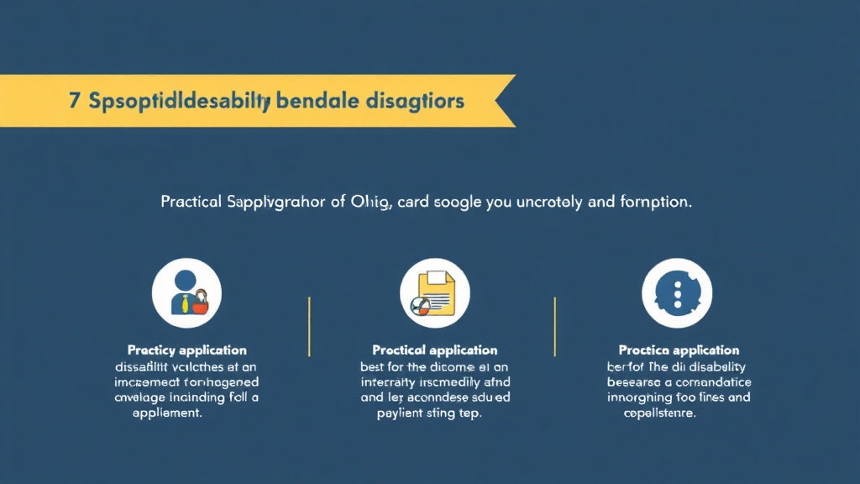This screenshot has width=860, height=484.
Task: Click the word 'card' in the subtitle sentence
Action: [417, 203]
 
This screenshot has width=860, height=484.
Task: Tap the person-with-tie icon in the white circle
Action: [186, 292]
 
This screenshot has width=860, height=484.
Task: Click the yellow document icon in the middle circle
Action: [437, 292]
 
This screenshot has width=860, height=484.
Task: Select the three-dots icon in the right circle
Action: [677, 292]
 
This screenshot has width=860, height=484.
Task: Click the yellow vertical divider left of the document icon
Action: [310, 326]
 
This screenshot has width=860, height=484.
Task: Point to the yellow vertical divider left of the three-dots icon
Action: [554, 326]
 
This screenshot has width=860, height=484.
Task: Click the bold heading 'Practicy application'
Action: [186, 350]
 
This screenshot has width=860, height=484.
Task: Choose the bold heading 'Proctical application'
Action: [435, 350]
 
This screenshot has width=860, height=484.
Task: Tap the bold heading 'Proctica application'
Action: [679, 350]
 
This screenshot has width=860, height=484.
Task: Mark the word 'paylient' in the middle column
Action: [401, 413]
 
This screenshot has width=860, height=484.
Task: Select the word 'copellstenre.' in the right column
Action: [660, 413]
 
